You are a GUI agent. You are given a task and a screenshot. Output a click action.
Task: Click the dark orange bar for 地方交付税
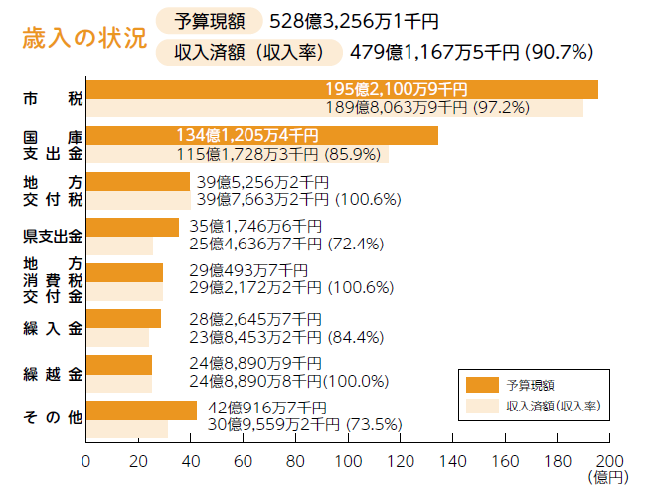click(x=137, y=181)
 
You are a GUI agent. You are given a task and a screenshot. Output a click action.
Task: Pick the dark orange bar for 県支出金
click(x=132, y=227)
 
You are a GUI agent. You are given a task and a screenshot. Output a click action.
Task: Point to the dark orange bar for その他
click(x=141, y=410)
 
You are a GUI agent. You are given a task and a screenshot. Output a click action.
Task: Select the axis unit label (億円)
click(x=608, y=479)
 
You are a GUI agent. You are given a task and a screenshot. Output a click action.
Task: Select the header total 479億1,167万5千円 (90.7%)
click(x=471, y=51)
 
